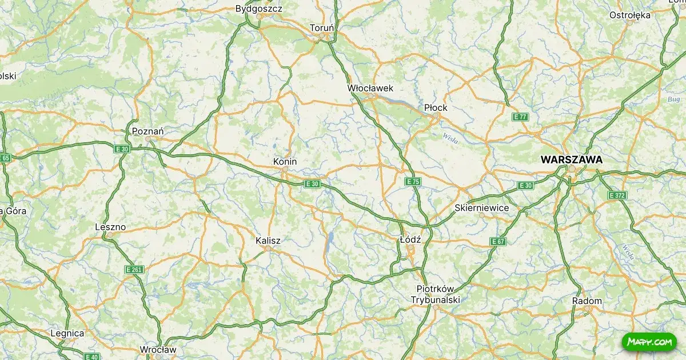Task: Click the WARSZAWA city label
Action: coord(571,160)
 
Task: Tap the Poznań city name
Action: coord(147,131)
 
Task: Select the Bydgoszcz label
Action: coord(259,9)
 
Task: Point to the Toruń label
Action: coord(322,27)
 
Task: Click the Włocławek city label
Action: coord(370,88)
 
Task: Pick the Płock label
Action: coord(436,107)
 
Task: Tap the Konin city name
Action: coord(285,162)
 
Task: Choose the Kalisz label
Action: coord(268,241)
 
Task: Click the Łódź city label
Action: coord(410,240)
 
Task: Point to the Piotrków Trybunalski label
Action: coord(435,294)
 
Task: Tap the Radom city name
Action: coord(587,301)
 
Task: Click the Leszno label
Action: coord(110,227)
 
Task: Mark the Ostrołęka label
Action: coord(630,15)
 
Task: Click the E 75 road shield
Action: coord(413,182)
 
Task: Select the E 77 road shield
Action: coord(520,117)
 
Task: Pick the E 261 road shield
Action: coord(134,269)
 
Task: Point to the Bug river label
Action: coord(673,99)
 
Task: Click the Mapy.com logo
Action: coord(649,342)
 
